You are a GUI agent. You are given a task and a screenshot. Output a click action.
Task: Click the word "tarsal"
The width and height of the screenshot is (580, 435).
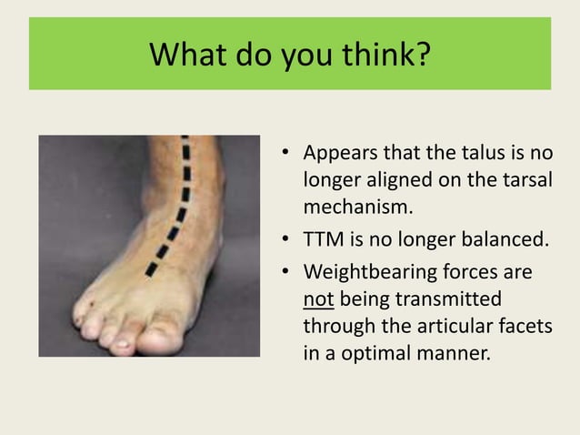(x=526, y=179)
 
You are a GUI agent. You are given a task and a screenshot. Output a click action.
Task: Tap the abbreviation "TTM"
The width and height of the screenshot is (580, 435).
(x=323, y=240)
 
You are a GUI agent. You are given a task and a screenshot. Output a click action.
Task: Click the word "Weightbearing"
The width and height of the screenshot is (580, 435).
(x=365, y=273)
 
